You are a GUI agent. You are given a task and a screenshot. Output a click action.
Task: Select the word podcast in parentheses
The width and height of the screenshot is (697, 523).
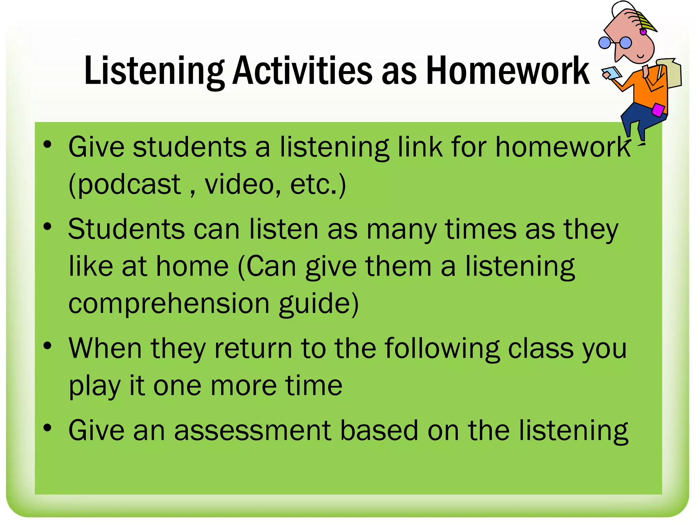pyautogui.click(x=126, y=185)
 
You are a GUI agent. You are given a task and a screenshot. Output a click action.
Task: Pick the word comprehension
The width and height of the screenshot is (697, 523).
pyautogui.click(x=169, y=304)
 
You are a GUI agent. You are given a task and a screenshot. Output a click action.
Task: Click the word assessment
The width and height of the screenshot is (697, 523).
pyautogui.click(x=253, y=430)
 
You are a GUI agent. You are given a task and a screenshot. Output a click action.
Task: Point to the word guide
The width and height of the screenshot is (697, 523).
pyautogui.click(x=318, y=304)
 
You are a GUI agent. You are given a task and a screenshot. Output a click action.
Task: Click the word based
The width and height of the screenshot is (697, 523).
pyautogui.click(x=379, y=430)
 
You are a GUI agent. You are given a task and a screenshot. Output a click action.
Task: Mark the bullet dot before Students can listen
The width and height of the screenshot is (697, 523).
pyautogui.click(x=47, y=226)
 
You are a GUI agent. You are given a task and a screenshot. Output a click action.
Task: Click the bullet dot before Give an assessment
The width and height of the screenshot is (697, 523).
pyautogui.click(x=47, y=427)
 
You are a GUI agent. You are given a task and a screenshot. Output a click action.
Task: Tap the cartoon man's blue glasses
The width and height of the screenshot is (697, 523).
pyautogui.click(x=615, y=43)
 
